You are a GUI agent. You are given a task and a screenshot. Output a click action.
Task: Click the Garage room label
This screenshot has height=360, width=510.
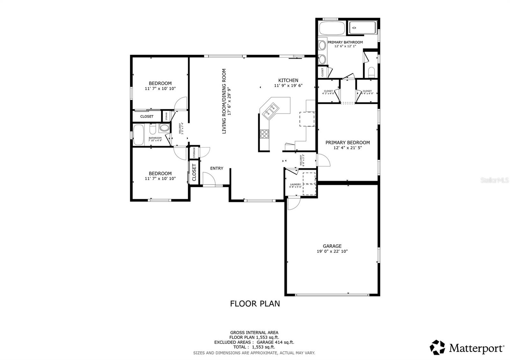(332, 246)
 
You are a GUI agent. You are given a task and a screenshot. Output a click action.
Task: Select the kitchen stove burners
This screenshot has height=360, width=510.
(264, 134)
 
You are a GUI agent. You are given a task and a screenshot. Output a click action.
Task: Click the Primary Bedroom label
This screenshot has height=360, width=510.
(347, 143)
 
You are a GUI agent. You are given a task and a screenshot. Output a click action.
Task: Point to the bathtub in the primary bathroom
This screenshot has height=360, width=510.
(332, 28)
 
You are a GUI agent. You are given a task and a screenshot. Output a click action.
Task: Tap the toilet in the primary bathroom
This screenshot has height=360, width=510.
(371, 72)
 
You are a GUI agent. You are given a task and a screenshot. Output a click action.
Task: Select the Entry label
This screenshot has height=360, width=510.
(217, 168)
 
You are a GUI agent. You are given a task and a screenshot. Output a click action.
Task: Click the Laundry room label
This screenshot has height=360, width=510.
(295, 184)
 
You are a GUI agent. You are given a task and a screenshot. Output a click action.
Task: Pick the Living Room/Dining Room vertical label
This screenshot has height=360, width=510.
(224, 101)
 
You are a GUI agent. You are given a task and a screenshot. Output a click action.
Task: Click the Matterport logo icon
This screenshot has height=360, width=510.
(437, 348)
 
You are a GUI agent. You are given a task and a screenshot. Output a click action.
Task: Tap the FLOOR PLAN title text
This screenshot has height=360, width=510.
(255, 304)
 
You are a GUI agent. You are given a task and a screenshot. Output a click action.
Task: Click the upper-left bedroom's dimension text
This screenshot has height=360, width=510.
(160, 89)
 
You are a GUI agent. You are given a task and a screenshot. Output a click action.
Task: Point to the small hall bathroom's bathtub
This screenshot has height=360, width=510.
(138, 134)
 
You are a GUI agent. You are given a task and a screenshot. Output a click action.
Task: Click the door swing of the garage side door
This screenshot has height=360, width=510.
(293, 204)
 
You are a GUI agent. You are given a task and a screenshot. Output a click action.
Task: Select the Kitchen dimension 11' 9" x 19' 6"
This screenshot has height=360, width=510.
(288, 86)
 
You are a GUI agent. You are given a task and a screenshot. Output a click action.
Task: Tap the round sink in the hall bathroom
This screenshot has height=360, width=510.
(164, 128)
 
